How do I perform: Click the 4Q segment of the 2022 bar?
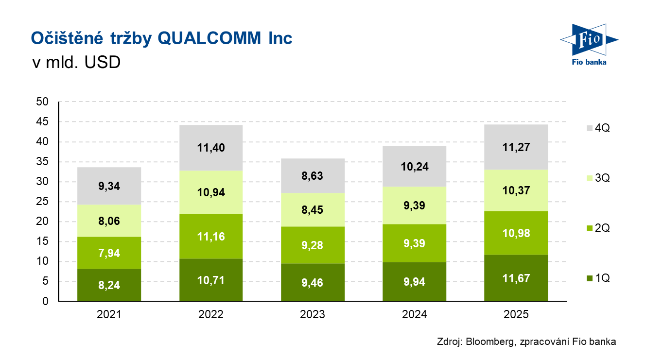pos(210,148)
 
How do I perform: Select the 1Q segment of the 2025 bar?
pos(516,278)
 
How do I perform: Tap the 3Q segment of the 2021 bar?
pos(109,221)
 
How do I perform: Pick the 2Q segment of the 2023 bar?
pos(313,245)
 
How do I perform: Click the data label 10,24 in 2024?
pos(414,167)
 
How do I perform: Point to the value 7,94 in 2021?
pos(109,253)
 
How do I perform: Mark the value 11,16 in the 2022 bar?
pos(210,237)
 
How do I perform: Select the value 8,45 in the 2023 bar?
pos(313,210)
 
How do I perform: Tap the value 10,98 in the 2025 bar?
pos(516,233)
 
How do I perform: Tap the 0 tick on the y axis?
pos(46,301)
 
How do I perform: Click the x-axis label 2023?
pos(313,314)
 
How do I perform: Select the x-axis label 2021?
pos(109,314)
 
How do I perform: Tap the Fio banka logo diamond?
pos(589,40)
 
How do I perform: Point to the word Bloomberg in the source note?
pos(488,342)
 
